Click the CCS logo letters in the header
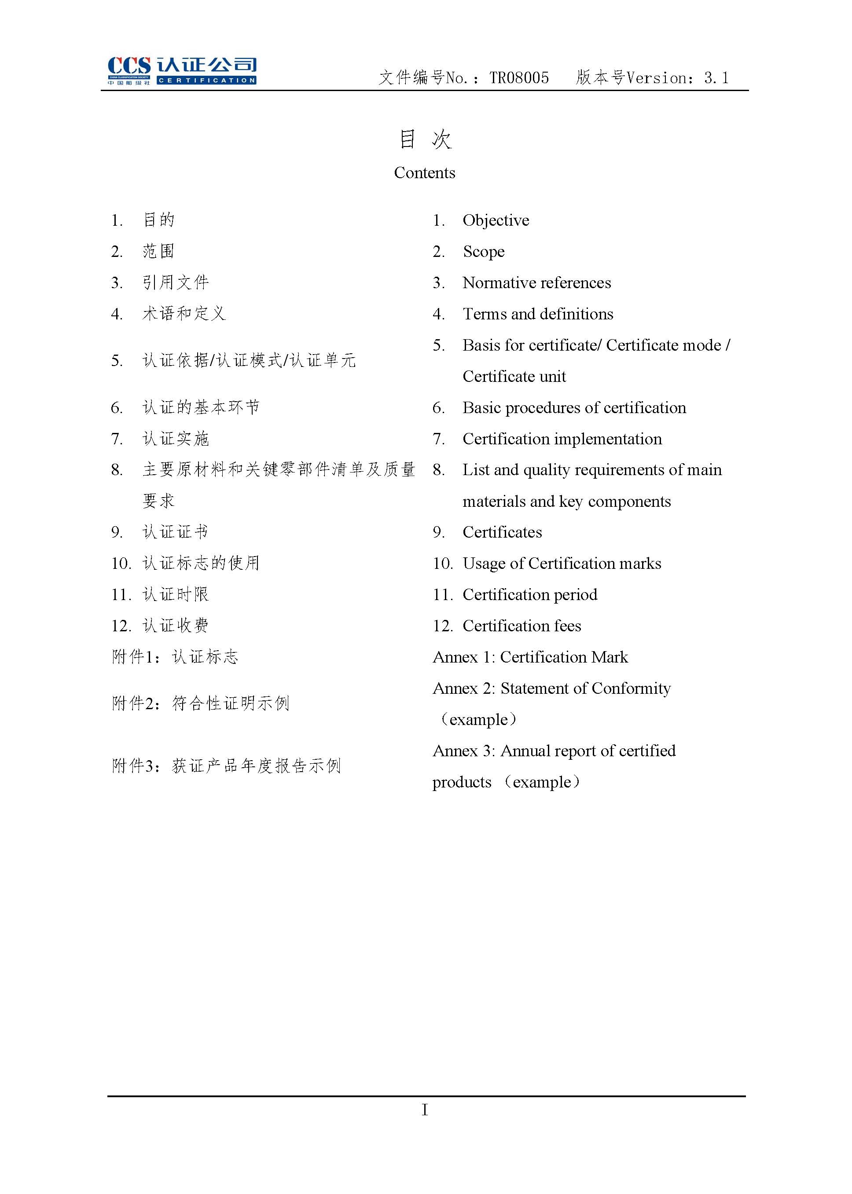(129, 66)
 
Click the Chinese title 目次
(425, 139)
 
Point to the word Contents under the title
(424, 172)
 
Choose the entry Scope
(483, 252)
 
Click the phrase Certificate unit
(514, 377)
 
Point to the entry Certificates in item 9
(502, 532)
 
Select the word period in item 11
(575, 595)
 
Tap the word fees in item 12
(566, 626)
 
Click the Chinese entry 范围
(158, 252)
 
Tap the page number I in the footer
(424, 1110)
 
